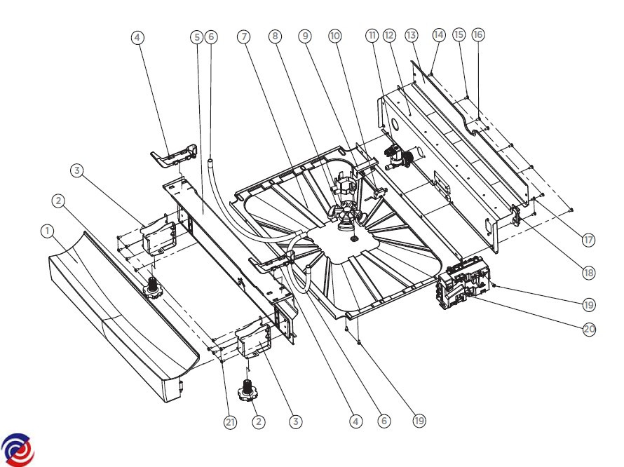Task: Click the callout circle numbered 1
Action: (x=48, y=231)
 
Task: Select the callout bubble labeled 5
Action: (x=197, y=37)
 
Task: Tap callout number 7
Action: (x=243, y=37)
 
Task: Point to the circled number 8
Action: (x=275, y=36)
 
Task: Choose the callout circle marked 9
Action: (x=305, y=36)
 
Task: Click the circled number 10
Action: (x=335, y=36)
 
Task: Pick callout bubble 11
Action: (x=372, y=36)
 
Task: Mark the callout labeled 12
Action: (x=389, y=36)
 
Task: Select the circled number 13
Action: (x=412, y=35)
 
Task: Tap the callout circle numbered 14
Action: (x=438, y=35)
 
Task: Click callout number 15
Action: (x=459, y=34)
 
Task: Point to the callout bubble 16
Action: (x=478, y=34)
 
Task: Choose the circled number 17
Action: (x=588, y=240)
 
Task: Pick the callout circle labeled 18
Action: (x=588, y=273)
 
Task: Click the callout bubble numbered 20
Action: (x=590, y=330)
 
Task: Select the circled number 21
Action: (x=231, y=422)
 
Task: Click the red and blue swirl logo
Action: (x=18, y=450)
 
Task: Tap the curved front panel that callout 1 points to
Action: (x=119, y=315)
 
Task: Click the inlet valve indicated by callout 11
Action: (x=398, y=157)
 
